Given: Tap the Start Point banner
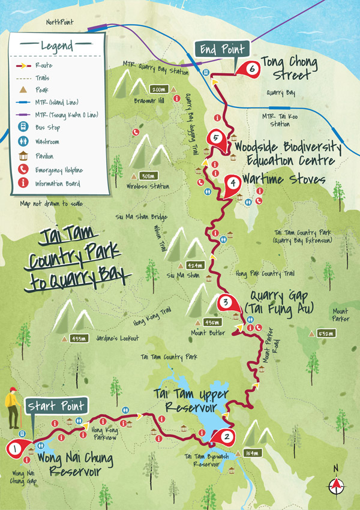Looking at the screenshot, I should coord(56,406).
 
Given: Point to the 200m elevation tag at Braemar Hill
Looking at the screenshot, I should coord(159,89).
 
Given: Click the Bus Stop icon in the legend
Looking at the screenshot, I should coord(23,128).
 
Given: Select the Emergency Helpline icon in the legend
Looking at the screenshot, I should coord(23,170).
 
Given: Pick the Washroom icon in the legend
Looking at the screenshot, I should coord(23,142).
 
